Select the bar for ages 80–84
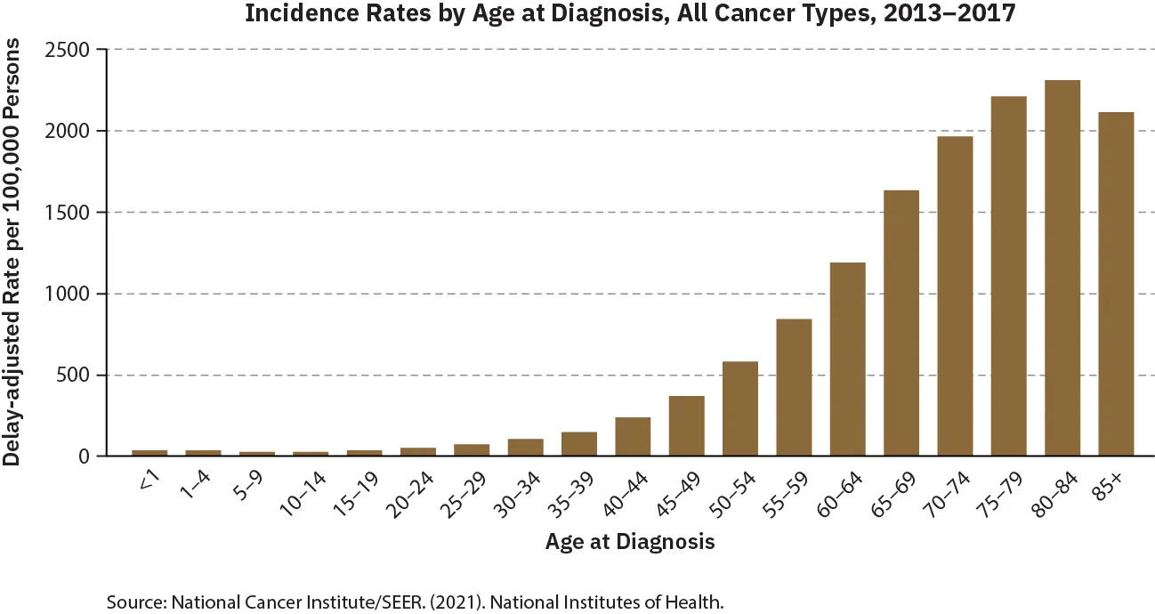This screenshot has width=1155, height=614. [1062, 268]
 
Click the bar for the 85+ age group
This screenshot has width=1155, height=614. [1116, 284]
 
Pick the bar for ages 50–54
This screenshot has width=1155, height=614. [739, 408]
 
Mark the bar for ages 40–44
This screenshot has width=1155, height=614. [633, 436]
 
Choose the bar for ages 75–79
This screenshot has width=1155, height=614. [1008, 276]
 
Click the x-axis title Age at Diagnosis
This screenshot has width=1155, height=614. [630, 541]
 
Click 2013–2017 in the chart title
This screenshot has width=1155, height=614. [941, 15]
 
